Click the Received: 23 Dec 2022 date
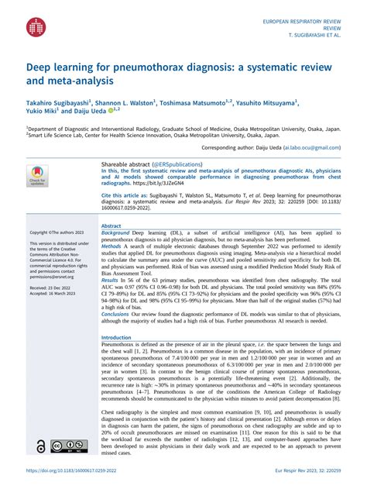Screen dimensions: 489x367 click(x=52, y=287)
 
